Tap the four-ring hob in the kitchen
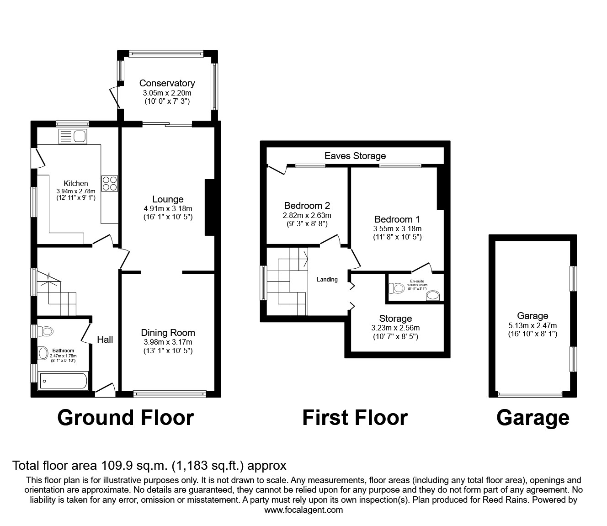coord(110,183)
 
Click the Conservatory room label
coord(167,83)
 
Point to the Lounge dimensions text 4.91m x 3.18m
coord(168,208)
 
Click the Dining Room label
coord(168,333)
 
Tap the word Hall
coord(105,339)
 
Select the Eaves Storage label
coord(355,156)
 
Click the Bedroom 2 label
coord(307,206)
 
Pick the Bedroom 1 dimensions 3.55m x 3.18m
coord(397,228)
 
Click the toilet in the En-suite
coord(396,288)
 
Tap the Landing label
coord(327,279)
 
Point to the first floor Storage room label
coord(395,319)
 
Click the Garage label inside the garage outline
coord(532,316)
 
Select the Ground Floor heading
coord(125,418)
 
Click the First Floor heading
coord(355,418)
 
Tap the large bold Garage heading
coord(532,418)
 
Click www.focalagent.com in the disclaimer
coord(303,510)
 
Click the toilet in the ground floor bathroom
coord(45,331)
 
